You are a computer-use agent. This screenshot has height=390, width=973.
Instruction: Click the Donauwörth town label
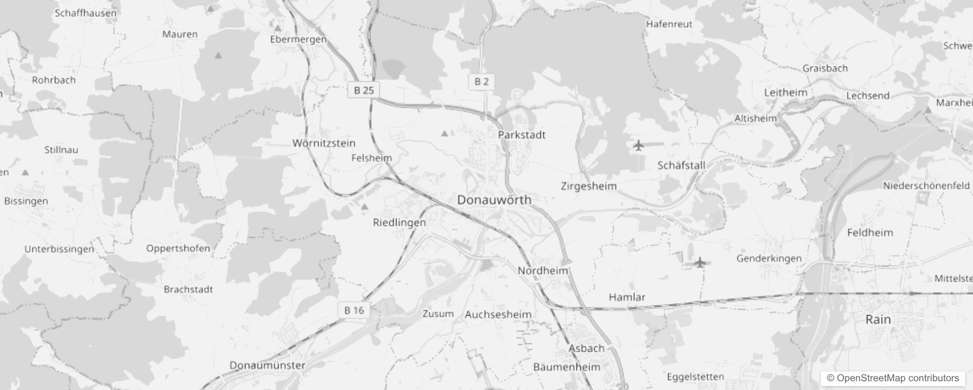point(494,200)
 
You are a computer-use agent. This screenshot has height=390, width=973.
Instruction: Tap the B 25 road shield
point(364,90)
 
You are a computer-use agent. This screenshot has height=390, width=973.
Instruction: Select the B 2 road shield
point(481,82)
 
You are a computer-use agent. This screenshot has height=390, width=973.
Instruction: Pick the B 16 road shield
point(354,311)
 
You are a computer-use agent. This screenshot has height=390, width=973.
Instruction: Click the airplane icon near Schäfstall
point(638,145)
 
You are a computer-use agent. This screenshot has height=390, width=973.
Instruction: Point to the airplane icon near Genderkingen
point(700,263)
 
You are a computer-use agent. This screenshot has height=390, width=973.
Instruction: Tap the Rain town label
point(878,320)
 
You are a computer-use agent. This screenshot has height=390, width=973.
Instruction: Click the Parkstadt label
point(522,135)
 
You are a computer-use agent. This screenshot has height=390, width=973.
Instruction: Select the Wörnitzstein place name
point(324,143)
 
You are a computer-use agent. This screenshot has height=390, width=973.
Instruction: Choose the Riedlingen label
point(399,223)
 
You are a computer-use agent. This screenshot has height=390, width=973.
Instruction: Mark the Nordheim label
point(543,271)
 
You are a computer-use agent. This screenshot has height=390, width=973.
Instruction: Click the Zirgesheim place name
point(588,186)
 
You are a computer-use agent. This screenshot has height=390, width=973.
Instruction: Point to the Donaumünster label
point(267,365)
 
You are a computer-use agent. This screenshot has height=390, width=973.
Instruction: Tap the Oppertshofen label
point(178,248)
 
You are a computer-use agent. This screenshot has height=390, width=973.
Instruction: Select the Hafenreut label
point(669,24)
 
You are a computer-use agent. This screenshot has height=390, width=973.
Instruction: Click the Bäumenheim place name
point(566,367)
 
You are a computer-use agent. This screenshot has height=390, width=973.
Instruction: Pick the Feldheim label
point(870,233)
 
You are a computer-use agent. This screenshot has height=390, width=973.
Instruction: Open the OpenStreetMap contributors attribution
point(893,378)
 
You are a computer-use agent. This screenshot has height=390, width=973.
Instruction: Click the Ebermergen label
point(298,39)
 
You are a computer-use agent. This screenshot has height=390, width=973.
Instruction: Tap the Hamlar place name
point(627,297)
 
